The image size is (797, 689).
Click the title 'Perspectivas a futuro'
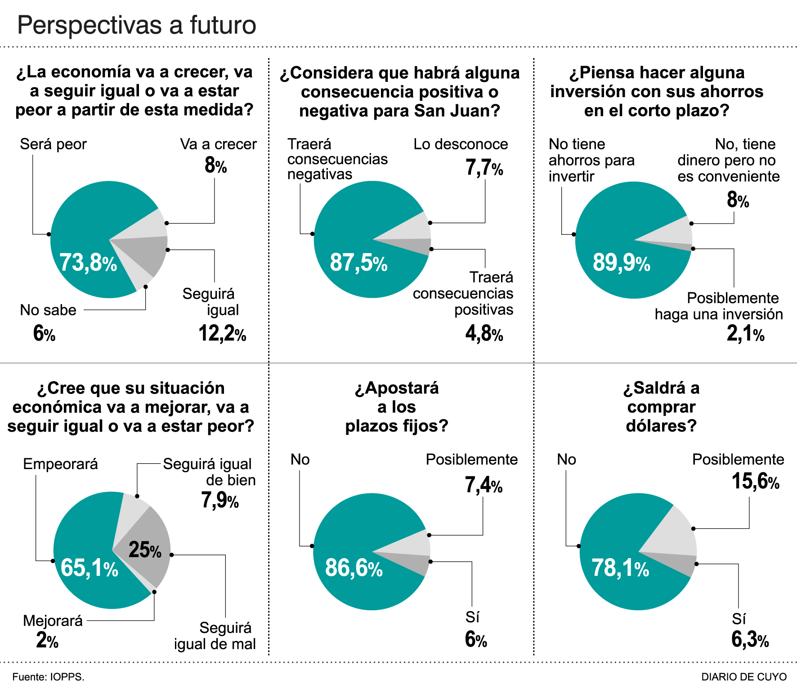coord(137,25)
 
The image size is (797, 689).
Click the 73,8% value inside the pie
coord(88,263)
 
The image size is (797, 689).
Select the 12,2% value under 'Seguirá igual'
coord(222,334)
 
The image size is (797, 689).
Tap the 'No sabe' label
coord(48,310)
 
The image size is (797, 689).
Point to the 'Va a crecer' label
coord(218,144)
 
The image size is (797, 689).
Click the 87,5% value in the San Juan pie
coord(358,263)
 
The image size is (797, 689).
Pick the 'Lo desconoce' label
coord(461,144)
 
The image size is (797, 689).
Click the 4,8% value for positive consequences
coord(484,334)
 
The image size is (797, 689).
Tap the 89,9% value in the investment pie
coord(621,263)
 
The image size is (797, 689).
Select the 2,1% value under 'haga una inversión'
coord(745,334)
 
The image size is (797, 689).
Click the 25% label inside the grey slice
coord(145,550)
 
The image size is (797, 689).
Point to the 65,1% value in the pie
coord(89,568)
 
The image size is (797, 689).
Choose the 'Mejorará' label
coord(53,621)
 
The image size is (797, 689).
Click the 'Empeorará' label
coord(60,464)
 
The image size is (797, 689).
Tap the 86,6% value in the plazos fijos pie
coord(354,568)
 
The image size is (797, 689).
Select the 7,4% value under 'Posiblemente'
coord(484,485)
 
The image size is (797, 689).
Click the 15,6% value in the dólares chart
coord(755,481)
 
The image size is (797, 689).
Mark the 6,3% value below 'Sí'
coord(750,640)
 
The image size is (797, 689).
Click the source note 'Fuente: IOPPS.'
coord(49,676)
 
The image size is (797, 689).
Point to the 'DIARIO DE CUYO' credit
coord(744,676)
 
